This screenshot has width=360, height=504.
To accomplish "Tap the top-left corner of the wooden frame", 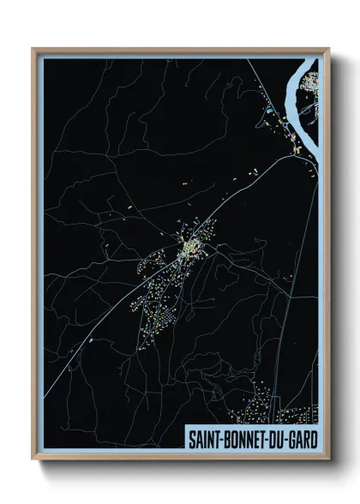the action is (33, 49).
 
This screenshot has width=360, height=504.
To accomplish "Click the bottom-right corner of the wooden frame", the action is (328, 460).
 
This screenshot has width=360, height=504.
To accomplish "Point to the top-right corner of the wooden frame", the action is (328, 49).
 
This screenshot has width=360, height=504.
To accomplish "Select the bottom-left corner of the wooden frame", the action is (33, 460).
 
